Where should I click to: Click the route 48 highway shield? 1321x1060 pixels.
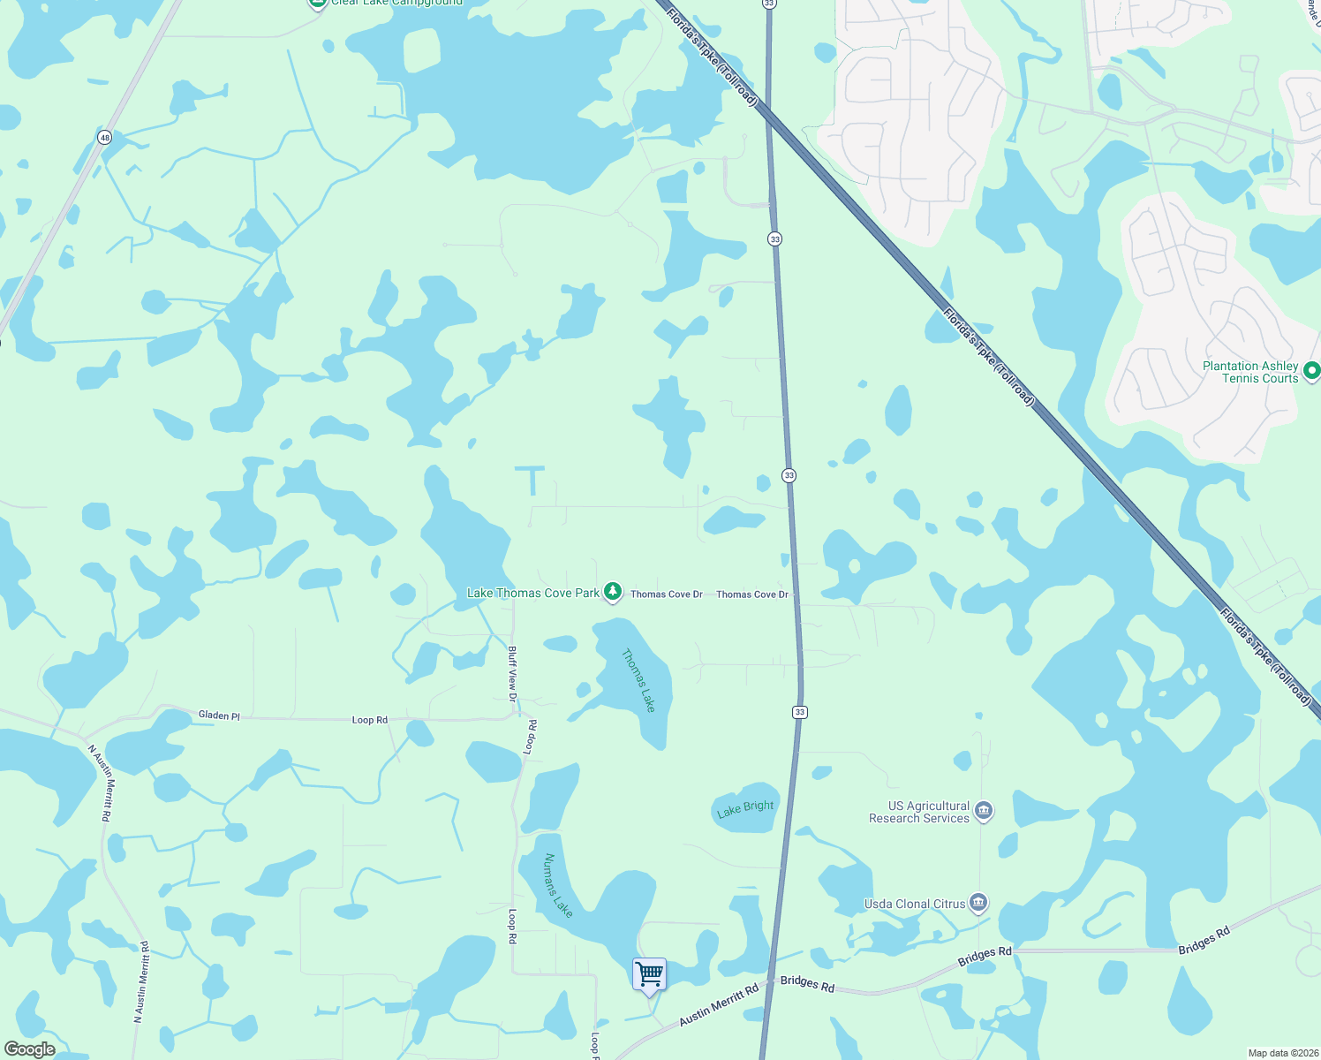tap(105, 138)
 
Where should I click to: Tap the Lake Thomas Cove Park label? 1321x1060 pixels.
tap(532, 593)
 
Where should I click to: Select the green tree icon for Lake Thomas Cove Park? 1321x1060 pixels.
tap(613, 593)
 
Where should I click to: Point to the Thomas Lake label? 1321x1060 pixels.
tap(638, 680)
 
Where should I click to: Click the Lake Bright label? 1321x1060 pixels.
tap(745, 808)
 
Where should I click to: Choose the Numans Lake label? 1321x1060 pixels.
tap(558, 885)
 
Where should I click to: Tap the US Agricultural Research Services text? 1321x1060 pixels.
tap(919, 812)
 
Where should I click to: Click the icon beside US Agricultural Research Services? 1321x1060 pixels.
tap(984, 811)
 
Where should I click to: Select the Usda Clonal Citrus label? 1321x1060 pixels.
tap(914, 904)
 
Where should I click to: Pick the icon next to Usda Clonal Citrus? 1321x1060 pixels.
tap(978, 903)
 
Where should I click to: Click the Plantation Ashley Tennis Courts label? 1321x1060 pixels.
tap(1250, 372)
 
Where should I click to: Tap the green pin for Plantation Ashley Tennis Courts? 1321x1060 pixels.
tap(1311, 371)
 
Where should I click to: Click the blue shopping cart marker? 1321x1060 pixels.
tap(649, 974)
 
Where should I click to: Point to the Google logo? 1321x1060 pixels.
tap(30, 1049)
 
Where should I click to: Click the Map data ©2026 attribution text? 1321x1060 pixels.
tap(1280, 1053)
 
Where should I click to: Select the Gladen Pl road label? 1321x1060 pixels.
tap(219, 715)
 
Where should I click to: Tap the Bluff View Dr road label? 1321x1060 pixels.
tap(512, 674)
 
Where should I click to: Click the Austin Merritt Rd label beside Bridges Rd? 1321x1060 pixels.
tap(718, 1005)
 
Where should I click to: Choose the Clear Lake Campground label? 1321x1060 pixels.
tap(396, 3)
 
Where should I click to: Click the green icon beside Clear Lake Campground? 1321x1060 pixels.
tap(317, 3)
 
